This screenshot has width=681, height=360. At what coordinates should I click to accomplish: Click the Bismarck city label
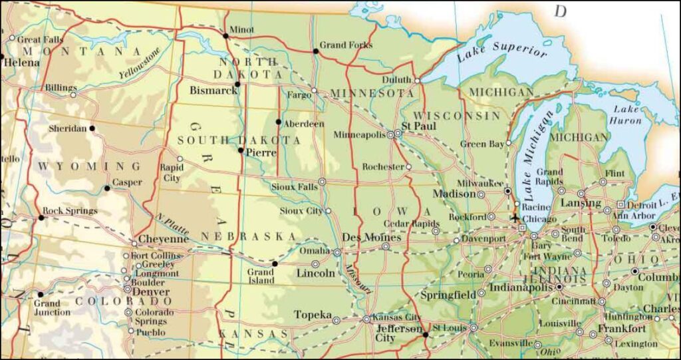click(x=213, y=90)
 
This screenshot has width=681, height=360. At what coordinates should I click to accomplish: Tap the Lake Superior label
click(x=502, y=53)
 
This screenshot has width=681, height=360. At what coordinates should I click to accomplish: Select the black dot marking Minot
click(x=225, y=36)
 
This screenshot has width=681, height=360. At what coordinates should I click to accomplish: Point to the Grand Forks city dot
click(x=315, y=51)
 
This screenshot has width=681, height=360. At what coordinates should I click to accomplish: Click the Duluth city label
click(x=396, y=80)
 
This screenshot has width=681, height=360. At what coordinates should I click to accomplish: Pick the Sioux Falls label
click(x=294, y=187)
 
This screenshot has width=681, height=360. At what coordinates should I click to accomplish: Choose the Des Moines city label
click(x=371, y=237)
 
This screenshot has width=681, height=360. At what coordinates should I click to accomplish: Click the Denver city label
click(x=152, y=291)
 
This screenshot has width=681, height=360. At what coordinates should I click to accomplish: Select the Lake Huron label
click(x=626, y=114)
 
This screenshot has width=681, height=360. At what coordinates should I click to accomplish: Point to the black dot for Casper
click(x=107, y=188)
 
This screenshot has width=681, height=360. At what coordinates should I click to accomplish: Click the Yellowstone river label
click(x=140, y=64)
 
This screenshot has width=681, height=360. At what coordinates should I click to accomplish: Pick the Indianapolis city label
click(x=521, y=287)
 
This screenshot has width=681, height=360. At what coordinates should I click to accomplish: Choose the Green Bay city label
click(x=482, y=144)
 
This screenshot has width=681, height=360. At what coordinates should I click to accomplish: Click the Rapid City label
click(x=171, y=173)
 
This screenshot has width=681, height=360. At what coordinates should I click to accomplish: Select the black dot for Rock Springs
click(x=41, y=217)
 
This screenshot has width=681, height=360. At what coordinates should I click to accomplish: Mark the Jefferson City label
click(x=399, y=333)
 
